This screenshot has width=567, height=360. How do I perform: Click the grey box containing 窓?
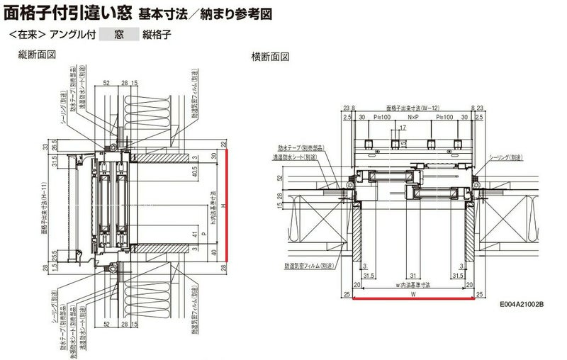click(120, 33)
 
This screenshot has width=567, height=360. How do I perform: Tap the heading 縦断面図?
click(37, 55)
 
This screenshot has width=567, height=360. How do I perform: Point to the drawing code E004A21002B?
click(521, 304)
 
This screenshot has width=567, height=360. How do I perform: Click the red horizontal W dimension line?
click(412, 299)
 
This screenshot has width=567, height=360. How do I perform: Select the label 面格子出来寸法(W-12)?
click(413, 101)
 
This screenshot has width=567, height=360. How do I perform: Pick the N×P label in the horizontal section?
click(413, 116)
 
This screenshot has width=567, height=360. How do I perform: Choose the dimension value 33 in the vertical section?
click(45, 147)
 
